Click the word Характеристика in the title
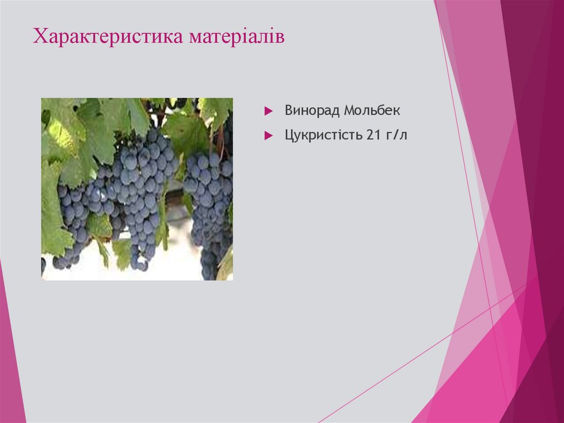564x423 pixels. [109, 38]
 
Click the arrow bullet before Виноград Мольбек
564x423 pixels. [268, 111]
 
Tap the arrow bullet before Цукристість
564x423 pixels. [268, 135]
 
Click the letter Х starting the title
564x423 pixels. [39, 38]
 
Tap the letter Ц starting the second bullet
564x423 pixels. [289, 135]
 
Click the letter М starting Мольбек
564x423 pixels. [349, 110]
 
